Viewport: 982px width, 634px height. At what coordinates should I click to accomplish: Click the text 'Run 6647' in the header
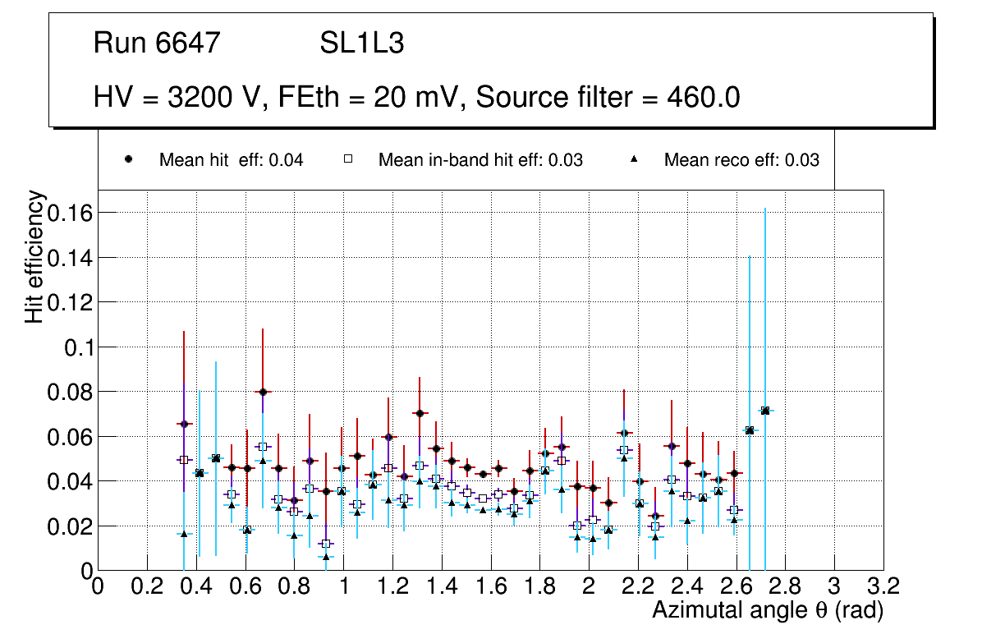[157, 44]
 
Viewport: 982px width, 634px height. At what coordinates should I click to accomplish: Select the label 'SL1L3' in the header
[361, 44]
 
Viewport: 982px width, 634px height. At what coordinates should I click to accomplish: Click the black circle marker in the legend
[129, 160]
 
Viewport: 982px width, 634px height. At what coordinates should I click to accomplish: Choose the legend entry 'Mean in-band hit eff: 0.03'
[480, 160]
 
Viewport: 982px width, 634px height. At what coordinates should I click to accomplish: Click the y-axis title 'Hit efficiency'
[34, 256]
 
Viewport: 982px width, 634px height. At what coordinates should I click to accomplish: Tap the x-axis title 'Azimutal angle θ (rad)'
[768, 610]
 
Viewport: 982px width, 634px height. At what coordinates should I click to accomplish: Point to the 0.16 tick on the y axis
[71, 213]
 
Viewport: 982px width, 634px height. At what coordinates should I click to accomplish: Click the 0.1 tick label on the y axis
[79, 347]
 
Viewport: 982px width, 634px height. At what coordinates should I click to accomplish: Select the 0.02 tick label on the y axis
[71, 526]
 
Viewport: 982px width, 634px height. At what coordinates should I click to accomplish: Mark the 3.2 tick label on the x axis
[883, 586]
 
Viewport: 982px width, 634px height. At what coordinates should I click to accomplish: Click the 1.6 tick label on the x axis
[490, 586]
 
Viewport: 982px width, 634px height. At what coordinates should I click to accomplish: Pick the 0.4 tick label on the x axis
[195, 586]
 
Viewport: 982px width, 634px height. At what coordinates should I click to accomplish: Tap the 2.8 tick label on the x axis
[785, 586]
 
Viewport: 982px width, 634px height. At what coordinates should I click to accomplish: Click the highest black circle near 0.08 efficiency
[263, 393]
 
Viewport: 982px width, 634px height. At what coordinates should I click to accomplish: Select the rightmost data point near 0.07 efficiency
[765, 411]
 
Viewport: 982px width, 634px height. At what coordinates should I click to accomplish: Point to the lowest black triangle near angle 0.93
[326, 557]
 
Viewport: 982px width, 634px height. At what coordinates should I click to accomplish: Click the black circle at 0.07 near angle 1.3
[420, 413]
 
